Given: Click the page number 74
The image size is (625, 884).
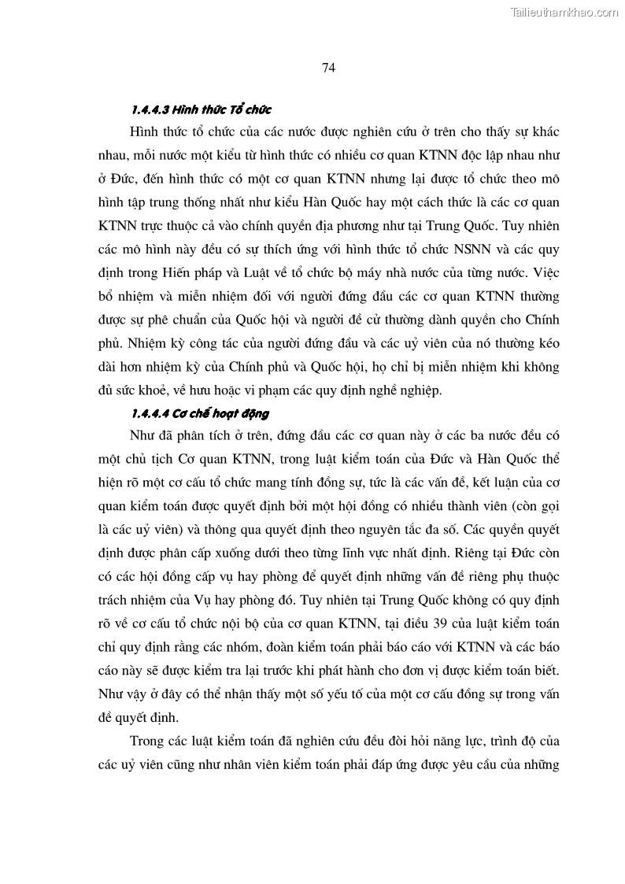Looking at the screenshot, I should (329, 68).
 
